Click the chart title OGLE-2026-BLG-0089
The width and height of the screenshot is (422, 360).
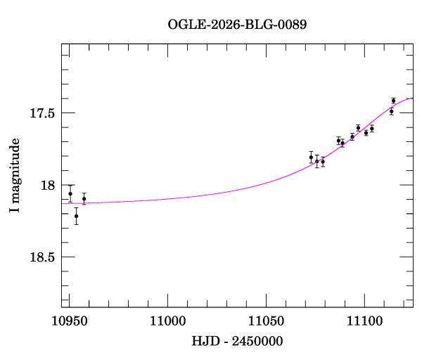click(x=237, y=25)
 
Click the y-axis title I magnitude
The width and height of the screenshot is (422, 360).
click(x=14, y=176)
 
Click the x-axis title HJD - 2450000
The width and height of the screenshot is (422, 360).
click(x=237, y=342)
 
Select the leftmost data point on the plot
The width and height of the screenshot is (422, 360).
click(x=70, y=193)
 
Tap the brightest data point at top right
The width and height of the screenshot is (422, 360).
click(x=393, y=101)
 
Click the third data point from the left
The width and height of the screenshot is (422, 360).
click(x=84, y=199)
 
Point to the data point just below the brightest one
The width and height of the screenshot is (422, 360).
click(x=391, y=111)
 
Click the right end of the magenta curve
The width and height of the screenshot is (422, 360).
click(x=412, y=98)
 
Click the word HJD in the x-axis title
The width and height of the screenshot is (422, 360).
click(x=203, y=342)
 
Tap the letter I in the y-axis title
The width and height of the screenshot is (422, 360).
click(x=14, y=210)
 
